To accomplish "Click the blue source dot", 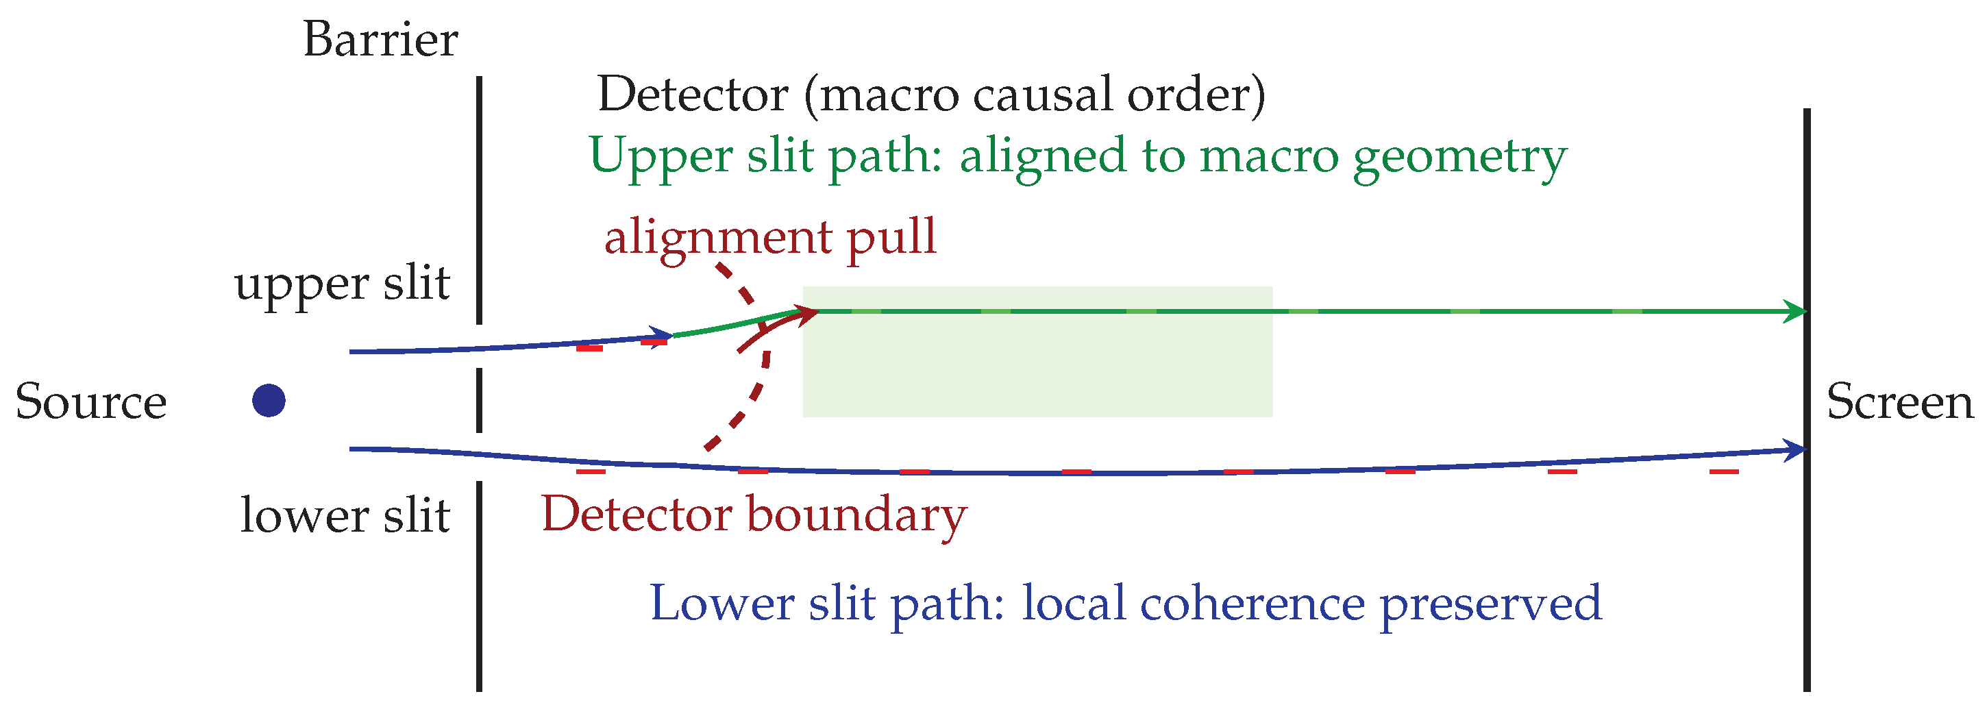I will [x=269, y=400].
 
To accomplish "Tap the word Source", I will [x=91, y=402].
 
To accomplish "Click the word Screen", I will [x=1899, y=402].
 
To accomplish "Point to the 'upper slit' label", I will [x=342, y=284].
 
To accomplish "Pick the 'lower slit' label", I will [x=345, y=515].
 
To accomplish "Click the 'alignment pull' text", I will [x=770, y=238].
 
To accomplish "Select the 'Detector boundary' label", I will [x=754, y=515].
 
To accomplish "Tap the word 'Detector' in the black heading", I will [x=693, y=95].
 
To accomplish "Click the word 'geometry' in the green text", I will [x=1460, y=158].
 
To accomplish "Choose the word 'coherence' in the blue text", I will [x=1252, y=602].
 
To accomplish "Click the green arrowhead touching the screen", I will [x=1794, y=312].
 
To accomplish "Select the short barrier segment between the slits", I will [x=479, y=399].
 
